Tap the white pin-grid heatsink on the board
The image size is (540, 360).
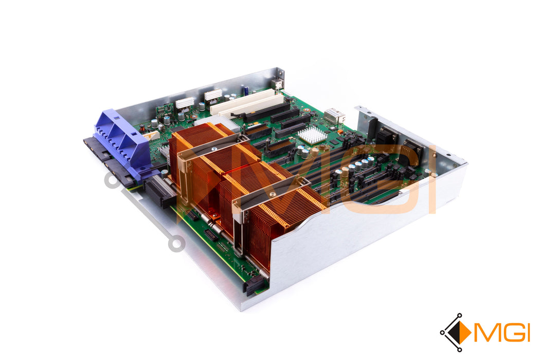(312, 135)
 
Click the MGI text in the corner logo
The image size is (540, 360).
(502, 332)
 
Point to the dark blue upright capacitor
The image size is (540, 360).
(246, 91)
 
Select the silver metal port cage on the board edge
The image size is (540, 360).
(333, 116)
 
